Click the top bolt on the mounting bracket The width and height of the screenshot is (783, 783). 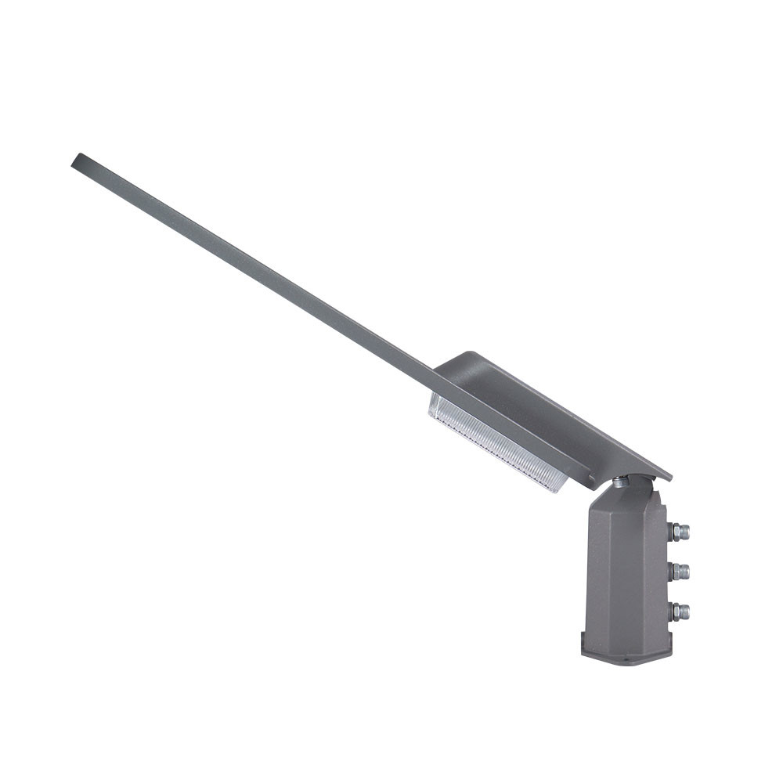pos(680,532)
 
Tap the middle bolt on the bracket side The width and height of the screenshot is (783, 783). pos(680,572)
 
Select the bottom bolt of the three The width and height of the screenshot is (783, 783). pos(680,611)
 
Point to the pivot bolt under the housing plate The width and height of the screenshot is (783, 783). pos(620,482)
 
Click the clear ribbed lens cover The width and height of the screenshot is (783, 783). pos(497,443)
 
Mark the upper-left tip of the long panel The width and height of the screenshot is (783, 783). pos(76,159)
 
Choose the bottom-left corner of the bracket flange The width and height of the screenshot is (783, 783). pos(584,654)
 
